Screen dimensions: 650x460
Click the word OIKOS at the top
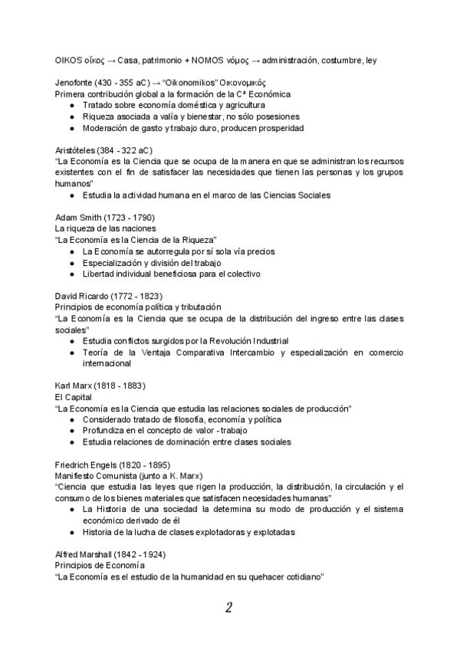pos(67,61)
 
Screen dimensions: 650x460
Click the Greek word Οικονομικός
pos(241,83)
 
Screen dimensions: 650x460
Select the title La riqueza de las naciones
pos(105,229)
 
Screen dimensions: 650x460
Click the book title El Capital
pos(73,397)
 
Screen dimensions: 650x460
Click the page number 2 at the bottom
pos(229,609)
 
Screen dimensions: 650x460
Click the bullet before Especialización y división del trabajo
pos(72,263)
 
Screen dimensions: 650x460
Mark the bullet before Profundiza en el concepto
pos(72,431)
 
